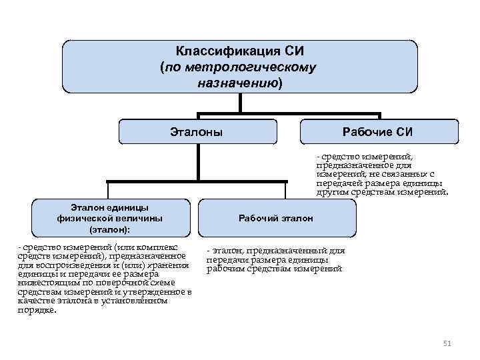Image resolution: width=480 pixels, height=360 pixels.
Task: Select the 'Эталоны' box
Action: (197, 132)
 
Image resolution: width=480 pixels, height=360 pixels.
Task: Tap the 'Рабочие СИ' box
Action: (381, 132)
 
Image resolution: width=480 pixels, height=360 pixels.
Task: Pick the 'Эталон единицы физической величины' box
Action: (109, 218)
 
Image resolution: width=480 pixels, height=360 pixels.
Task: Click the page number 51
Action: (447, 343)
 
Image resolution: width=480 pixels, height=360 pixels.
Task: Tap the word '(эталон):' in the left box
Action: (109, 229)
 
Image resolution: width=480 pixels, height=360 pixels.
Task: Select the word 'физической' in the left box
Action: (83, 218)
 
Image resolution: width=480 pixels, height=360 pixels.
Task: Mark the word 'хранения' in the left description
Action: (171, 265)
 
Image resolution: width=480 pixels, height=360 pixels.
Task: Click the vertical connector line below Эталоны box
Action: (198, 163)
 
